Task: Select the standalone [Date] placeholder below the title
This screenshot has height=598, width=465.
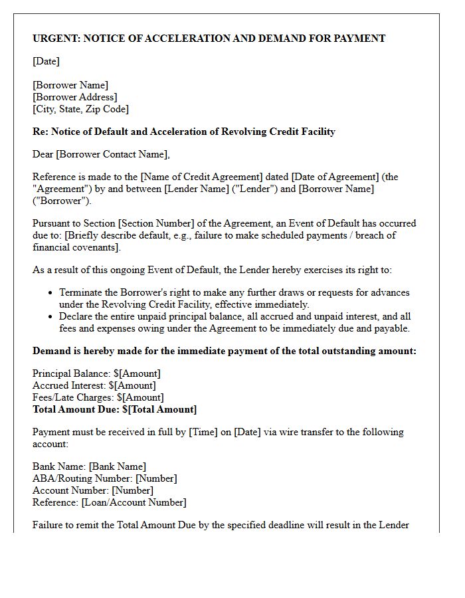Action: [x=46, y=61]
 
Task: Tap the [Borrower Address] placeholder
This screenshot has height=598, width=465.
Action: [x=74, y=97]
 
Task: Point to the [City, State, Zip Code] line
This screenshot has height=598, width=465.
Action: [x=80, y=109]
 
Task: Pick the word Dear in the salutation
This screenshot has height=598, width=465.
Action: [x=43, y=154]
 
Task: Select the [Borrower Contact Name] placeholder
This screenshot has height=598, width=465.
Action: [x=112, y=154]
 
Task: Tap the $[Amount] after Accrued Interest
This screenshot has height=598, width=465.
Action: [x=132, y=385]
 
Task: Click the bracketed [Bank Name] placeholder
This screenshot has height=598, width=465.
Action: [x=117, y=467]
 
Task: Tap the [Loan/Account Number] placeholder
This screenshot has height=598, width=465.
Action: [x=134, y=502]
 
